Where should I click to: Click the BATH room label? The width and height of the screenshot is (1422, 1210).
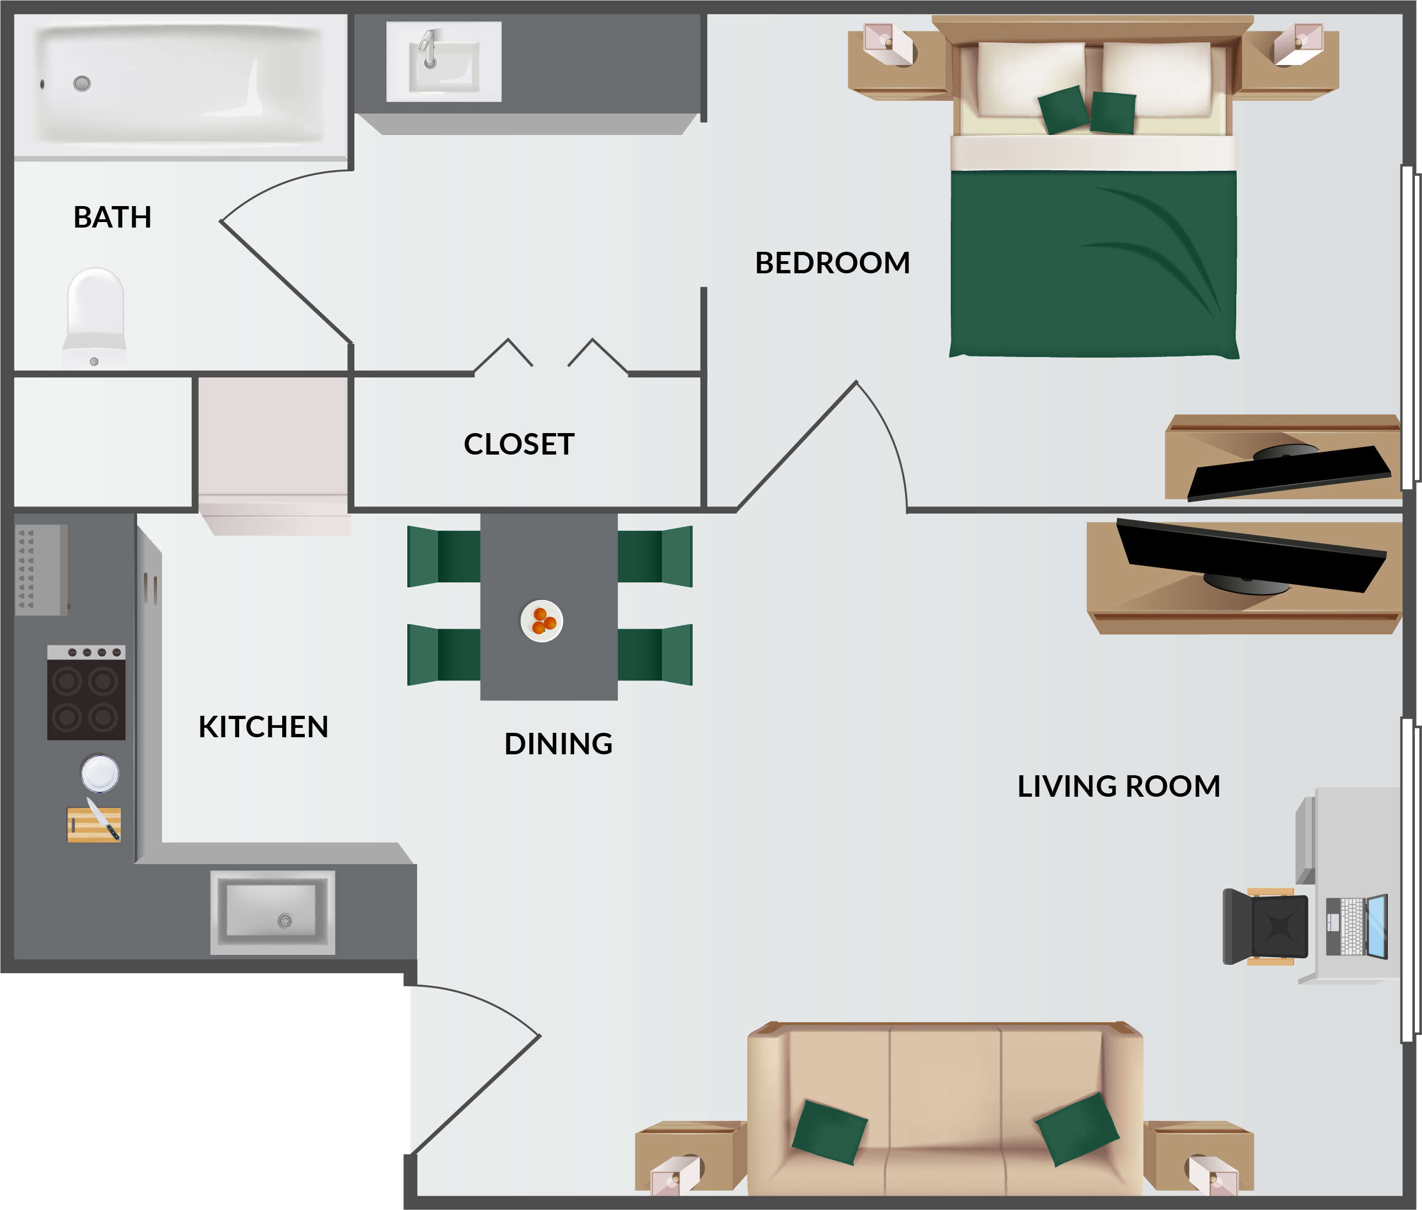[112, 218]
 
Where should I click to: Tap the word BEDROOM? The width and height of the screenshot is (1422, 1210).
[832, 263]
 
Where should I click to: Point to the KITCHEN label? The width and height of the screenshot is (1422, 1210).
[263, 727]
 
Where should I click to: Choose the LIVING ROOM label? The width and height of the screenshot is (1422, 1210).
[1119, 787]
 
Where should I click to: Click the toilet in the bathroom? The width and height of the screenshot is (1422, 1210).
[95, 317]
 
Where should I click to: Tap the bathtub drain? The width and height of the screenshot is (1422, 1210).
[82, 84]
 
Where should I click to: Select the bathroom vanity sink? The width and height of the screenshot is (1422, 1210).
[444, 62]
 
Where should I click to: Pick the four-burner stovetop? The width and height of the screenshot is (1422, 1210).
[87, 693]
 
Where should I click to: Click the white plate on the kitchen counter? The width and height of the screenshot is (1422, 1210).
[100, 773]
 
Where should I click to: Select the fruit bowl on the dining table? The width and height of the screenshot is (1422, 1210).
[542, 622]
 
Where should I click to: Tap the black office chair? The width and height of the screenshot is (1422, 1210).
[1265, 927]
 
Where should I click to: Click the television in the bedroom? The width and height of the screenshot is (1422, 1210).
[1290, 472]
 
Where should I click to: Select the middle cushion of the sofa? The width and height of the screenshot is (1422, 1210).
[945, 1111]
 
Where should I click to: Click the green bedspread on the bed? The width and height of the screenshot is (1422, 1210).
[1094, 264]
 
